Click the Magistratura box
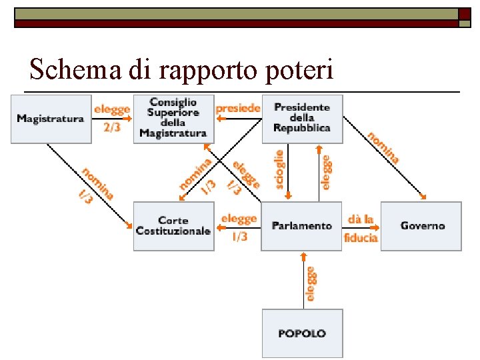pyautogui.click(x=51, y=119)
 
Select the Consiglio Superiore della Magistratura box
pyautogui.click(x=173, y=119)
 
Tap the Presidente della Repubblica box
pyautogui.click(x=301, y=119)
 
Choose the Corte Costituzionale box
pyautogui.click(x=173, y=225)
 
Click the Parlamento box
pyautogui.click(x=301, y=225)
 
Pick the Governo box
pyautogui.click(x=421, y=225)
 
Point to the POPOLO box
pyautogui.click(x=302, y=333)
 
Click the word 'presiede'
pyautogui.click(x=237, y=107)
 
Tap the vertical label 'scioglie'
pyautogui.click(x=280, y=168)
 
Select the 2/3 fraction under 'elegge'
pyautogui.click(x=111, y=127)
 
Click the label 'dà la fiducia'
pyautogui.click(x=361, y=228)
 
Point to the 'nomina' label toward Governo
pyautogui.click(x=383, y=147)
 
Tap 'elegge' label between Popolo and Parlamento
pyautogui.click(x=311, y=283)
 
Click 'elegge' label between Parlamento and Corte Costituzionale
pyautogui.click(x=238, y=219)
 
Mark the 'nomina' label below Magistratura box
pyautogui.click(x=98, y=182)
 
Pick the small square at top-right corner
pyautogui.click(x=464, y=13)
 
